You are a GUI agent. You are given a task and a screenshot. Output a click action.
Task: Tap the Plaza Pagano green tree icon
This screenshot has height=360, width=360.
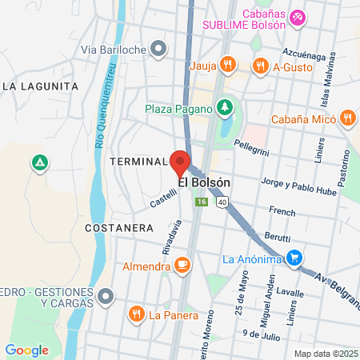[225, 107]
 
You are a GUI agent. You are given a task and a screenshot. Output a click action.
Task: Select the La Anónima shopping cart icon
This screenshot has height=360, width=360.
[295, 258]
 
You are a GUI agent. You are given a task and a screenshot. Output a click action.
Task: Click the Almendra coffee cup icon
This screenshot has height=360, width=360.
[182, 265]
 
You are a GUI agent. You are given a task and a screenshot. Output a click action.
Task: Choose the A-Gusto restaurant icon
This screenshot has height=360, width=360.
[259, 66]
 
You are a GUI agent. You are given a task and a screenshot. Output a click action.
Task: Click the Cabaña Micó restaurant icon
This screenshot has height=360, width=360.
[346, 118]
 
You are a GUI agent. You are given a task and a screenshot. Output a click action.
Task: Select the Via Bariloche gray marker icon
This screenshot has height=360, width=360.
[158, 50]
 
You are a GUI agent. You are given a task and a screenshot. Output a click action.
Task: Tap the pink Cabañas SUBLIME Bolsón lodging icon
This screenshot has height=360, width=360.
[296, 16]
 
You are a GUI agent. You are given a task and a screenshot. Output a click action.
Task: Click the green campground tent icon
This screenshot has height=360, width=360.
[38, 162]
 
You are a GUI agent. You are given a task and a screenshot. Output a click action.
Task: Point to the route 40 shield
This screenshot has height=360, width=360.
[221, 203]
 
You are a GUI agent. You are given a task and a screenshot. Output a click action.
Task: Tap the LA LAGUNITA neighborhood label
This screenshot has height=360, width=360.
[40, 86]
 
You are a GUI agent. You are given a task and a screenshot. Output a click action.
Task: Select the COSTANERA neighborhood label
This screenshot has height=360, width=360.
[118, 228]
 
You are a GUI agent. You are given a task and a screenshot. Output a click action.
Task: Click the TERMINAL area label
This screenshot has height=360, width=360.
[137, 161]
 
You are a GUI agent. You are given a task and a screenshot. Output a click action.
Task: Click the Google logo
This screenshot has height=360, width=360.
[27, 350]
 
